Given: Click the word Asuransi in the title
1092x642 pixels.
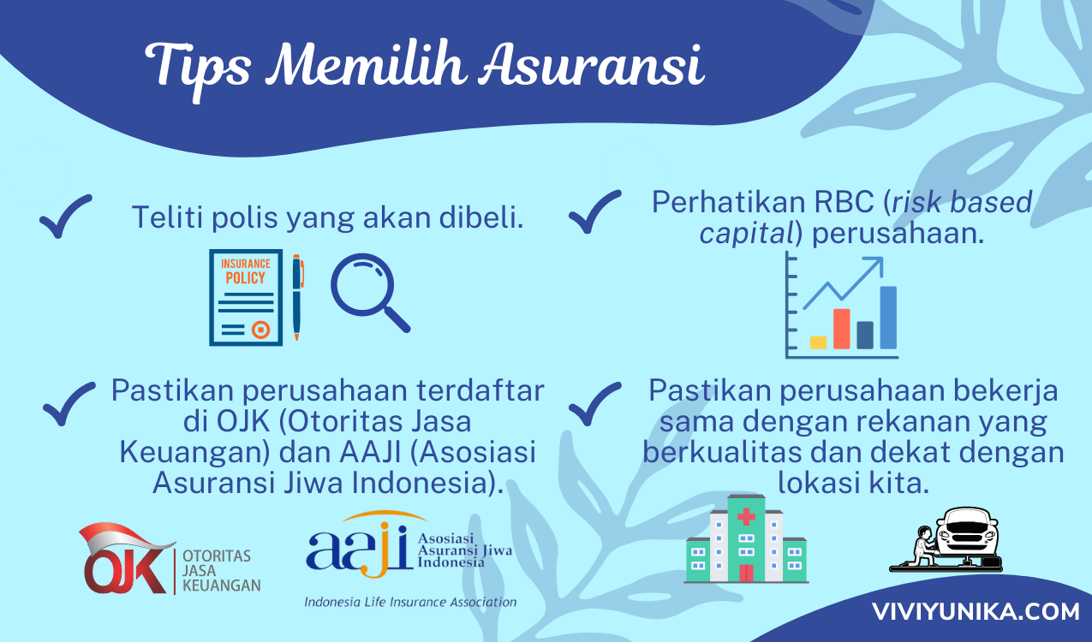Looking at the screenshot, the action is (x=591, y=66).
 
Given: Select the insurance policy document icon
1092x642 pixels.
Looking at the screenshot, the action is (x=246, y=298).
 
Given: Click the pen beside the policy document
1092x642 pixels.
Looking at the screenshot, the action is (x=297, y=297).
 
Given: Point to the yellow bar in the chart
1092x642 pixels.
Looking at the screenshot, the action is (x=818, y=342).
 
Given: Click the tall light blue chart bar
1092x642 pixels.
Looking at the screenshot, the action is (x=888, y=318).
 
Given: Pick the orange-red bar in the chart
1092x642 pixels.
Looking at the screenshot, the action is (x=841, y=329).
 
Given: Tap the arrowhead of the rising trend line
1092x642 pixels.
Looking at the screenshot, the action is (x=875, y=265).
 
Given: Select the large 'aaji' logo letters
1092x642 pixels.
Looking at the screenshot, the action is (x=358, y=548).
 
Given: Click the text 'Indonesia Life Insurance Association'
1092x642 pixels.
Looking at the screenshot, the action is (x=410, y=603).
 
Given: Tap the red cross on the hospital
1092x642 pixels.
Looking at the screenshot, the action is (x=746, y=516).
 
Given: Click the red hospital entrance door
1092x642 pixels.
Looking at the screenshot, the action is (x=746, y=574).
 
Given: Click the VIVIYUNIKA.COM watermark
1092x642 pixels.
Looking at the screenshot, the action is (x=976, y=612).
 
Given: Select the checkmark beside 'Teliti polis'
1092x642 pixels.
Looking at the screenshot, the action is (x=66, y=217).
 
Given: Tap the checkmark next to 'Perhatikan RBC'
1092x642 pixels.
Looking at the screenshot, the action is (x=594, y=212).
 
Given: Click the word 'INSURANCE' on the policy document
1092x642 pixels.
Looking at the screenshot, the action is (x=246, y=264).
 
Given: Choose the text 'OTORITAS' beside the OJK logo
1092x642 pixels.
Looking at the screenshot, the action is (x=217, y=556).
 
